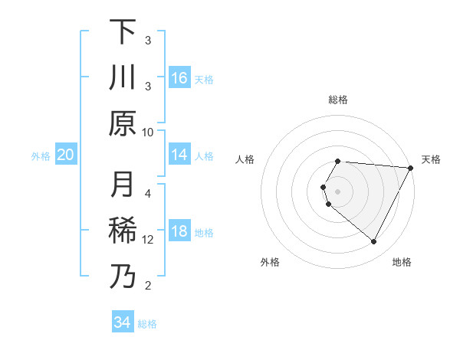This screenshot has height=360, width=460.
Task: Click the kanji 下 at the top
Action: point(123,32)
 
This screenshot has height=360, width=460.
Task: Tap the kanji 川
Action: point(123,77)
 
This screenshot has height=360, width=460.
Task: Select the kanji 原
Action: point(123,123)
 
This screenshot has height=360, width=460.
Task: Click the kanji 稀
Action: point(123,231)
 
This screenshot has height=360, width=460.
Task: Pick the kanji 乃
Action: point(123,276)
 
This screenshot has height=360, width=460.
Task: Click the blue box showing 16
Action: point(179,77)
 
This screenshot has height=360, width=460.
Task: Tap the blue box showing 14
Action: point(179,155)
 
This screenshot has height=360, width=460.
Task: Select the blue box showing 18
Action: point(179,231)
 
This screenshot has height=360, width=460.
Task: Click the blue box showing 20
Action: point(66,155)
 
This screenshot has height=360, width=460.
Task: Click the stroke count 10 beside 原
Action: point(148,132)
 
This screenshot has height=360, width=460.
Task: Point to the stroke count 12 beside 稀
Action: point(148,240)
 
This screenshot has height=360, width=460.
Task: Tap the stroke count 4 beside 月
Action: point(148,193)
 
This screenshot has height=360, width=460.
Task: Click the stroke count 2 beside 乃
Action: point(148,286)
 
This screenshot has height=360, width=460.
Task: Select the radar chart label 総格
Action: point(338,100)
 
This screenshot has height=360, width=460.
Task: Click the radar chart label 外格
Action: point(270,262)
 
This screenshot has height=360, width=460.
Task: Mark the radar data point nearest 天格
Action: point(411,168)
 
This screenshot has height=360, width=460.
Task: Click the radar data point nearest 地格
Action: point(374,242)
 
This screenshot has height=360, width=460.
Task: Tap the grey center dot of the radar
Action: point(338,191)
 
